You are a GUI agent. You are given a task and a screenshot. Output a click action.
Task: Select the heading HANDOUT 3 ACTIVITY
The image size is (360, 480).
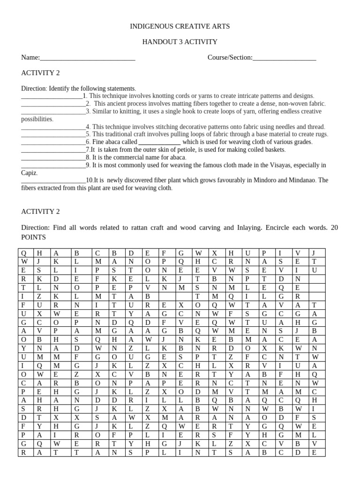click(x=180, y=42)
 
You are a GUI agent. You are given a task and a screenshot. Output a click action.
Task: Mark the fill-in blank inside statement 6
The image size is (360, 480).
click(x=160, y=142)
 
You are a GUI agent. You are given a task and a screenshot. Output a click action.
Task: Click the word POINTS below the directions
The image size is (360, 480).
click(x=33, y=237)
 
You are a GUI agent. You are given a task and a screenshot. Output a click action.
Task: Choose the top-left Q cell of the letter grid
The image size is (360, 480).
click(x=24, y=253)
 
